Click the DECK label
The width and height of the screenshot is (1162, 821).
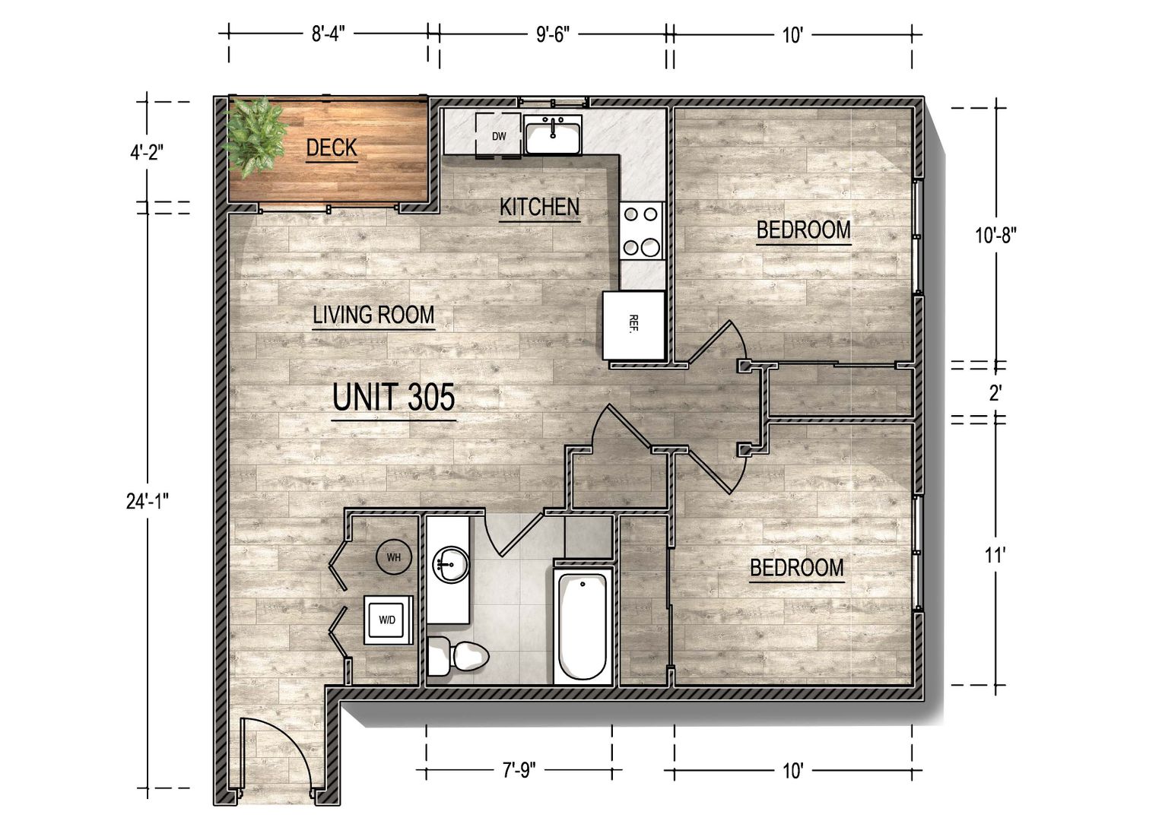tap(332, 147)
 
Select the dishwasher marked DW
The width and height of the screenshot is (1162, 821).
tap(499, 135)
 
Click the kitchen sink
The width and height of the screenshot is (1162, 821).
tap(552, 135)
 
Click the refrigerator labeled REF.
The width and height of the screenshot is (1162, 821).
tap(634, 325)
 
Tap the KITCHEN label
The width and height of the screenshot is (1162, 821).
tap(539, 208)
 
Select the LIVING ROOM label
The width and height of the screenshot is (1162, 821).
tap(373, 315)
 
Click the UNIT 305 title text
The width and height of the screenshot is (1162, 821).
tap(394, 397)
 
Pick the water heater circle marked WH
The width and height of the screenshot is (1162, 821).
tap(394, 557)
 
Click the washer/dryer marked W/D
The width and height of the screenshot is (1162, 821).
tap(388, 620)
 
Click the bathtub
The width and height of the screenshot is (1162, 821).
tap(583, 627)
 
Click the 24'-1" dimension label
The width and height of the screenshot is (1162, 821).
tap(148, 501)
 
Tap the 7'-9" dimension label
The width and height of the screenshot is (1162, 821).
tap(519, 771)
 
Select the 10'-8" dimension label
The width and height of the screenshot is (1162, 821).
tap(995, 236)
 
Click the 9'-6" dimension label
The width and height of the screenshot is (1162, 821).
tap(552, 35)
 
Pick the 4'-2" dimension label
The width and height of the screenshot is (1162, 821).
tap(147, 153)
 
